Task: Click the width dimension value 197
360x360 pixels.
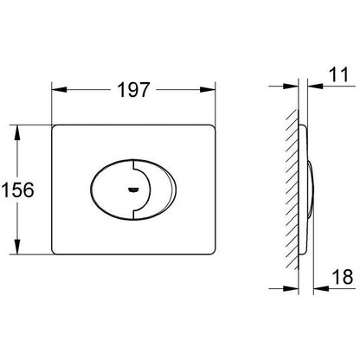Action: [133, 90]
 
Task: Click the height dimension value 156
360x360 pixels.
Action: [17, 190]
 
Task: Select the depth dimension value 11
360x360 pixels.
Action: [339, 74]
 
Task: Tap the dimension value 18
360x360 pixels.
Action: [343, 277]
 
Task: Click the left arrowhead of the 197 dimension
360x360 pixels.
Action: [59, 89]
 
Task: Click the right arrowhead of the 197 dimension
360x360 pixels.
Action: [208, 89]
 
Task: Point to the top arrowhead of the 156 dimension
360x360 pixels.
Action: [17, 132]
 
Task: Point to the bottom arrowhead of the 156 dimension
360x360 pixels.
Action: [17, 247]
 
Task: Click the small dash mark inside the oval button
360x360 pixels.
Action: [133, 190]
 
